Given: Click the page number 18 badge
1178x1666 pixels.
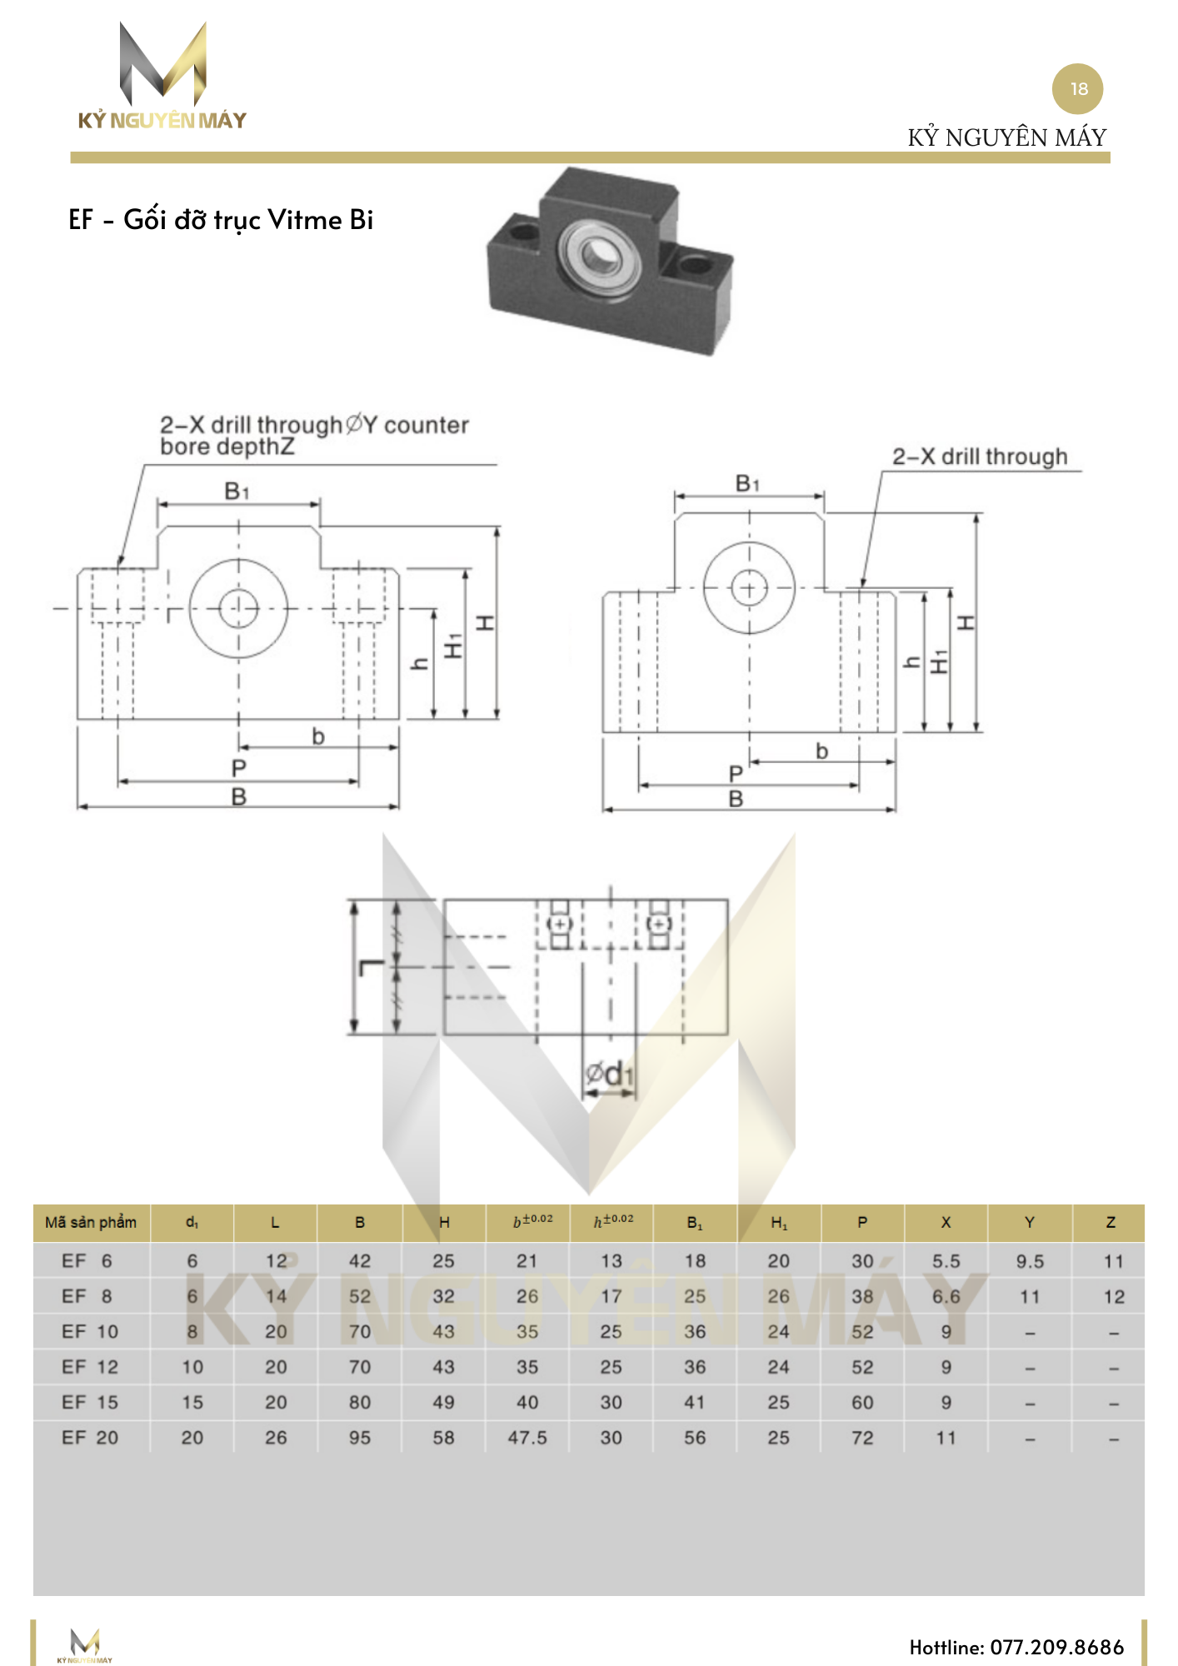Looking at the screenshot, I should [x=1077, y=89].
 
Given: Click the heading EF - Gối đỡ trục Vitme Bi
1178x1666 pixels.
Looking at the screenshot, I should [x=221, y=220].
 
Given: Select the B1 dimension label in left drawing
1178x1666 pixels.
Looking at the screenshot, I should [x=237, y=491].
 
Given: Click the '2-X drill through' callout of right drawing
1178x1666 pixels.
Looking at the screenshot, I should [x=980, y=456].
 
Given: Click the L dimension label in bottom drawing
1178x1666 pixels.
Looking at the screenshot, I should [x=370, y=967].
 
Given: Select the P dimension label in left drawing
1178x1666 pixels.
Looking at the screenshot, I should [x=239, y=768].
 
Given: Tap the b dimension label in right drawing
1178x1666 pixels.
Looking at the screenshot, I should [x=821, y=751].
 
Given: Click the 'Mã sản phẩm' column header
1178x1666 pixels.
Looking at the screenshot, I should [x=91, y=1222].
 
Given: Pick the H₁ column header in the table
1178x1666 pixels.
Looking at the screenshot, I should [x=778, y=1223].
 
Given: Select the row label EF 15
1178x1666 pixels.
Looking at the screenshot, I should [x=90, y=1403].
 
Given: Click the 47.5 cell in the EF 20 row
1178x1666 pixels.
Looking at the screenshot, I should [x=527, y=1438].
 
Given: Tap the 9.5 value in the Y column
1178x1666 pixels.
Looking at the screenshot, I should [x=1030, y=1261].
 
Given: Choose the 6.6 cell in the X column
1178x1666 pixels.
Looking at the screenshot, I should [x=946, y=1297].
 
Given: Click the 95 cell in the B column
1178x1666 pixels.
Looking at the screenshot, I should [x=360, y=1438].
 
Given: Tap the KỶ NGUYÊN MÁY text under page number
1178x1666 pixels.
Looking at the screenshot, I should [x=1006, y=137].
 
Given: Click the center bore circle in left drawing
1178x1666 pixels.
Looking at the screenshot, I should [x=238, y=608].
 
